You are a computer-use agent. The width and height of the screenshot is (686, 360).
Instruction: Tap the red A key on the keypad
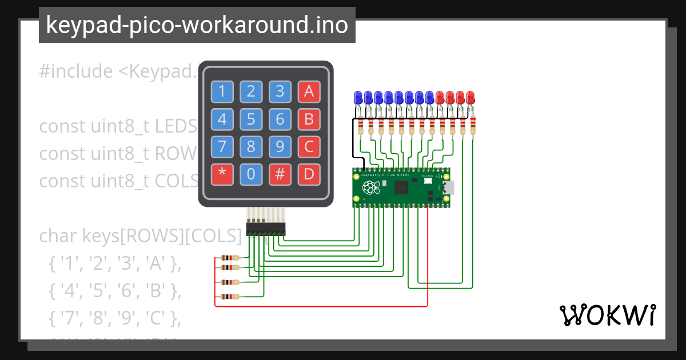tap(309, 91)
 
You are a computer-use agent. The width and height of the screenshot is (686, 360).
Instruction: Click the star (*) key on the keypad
tap(222, 174)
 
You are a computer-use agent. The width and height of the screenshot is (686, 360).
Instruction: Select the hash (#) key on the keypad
tap(280, 174)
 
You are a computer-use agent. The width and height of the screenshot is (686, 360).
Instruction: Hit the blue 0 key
tap(251, 174)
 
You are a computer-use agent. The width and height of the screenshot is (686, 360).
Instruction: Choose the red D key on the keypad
tap(309, 174)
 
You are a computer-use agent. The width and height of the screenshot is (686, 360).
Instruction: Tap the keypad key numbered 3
tap(280, 91)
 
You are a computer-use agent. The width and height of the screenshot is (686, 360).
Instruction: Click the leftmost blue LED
tap(358, 97)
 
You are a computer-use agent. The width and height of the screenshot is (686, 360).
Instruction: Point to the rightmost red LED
tap(470, 97)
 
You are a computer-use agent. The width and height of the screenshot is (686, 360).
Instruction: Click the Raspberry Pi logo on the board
tap(370, 187)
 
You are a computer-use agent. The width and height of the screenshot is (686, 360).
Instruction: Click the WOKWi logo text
tap(607, 315)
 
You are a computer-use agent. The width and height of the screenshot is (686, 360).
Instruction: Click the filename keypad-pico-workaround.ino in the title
tap(197, 25)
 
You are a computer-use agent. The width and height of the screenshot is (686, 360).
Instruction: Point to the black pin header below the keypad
tap(266, 229)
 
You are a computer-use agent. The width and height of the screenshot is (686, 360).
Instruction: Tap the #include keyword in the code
tap(76, 71)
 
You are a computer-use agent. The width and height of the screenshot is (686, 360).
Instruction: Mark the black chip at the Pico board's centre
tap(402, 187)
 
